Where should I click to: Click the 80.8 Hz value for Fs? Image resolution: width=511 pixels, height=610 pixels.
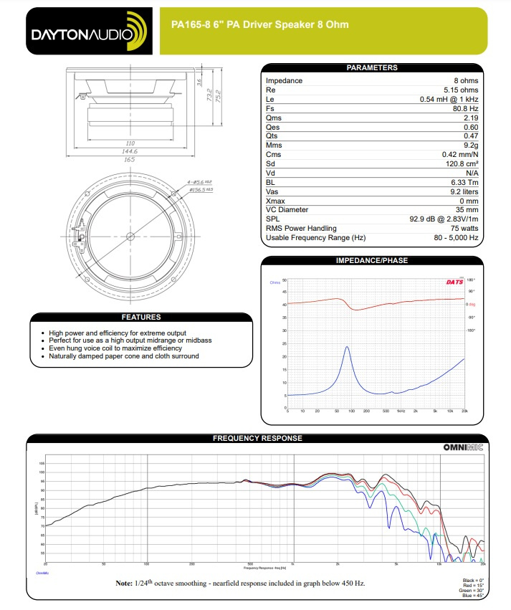click(462, 108)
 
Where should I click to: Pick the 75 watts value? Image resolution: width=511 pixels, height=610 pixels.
click(463, 229)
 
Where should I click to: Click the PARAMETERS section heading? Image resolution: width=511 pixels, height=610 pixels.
click(371, 67)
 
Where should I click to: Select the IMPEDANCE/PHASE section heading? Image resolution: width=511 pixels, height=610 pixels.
click(371, 260)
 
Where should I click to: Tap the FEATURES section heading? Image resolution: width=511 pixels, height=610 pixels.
click(141, 317)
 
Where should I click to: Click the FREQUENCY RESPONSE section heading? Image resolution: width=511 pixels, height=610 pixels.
click(257, 438)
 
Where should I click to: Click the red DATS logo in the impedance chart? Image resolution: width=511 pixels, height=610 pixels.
click(454, 282)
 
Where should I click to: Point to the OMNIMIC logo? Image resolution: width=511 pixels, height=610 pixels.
click(463, 447)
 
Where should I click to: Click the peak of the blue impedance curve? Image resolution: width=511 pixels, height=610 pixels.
click(347, 347)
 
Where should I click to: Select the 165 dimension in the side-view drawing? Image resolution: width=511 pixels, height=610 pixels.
click(129, 159)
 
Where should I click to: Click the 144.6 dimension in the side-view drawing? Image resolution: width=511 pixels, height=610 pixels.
click(129, 151)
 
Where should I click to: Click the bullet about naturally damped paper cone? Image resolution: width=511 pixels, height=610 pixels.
click(123, 356)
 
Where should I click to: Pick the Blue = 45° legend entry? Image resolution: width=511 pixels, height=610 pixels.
click(469, 596)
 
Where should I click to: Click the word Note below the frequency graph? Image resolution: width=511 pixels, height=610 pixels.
click(124, 583)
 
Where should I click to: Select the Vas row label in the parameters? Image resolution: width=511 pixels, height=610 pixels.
click(272, 191)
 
